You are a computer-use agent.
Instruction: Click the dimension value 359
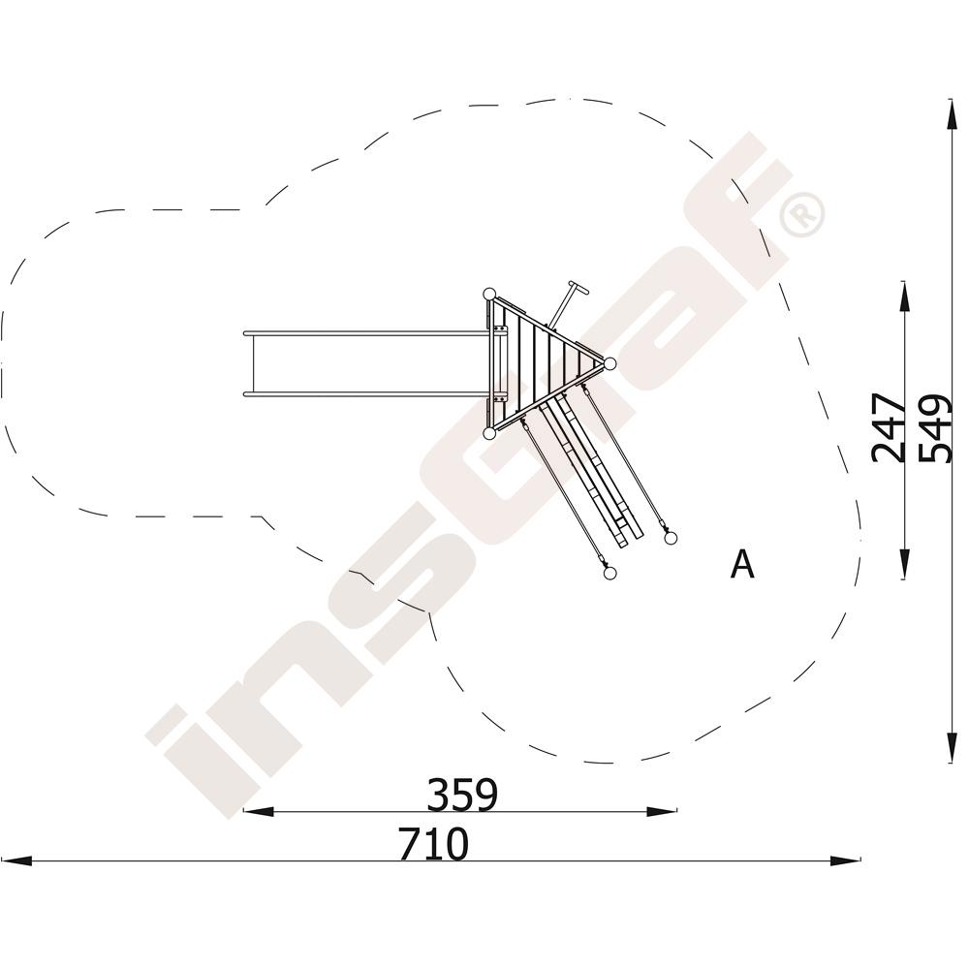462,795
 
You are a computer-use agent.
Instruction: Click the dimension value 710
433,844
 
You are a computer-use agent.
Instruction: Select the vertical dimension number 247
888,427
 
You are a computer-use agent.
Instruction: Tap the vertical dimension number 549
933,427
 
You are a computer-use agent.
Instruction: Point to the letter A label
742,564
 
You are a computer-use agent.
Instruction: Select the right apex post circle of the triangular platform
609,364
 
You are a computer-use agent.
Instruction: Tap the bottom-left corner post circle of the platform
488,433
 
